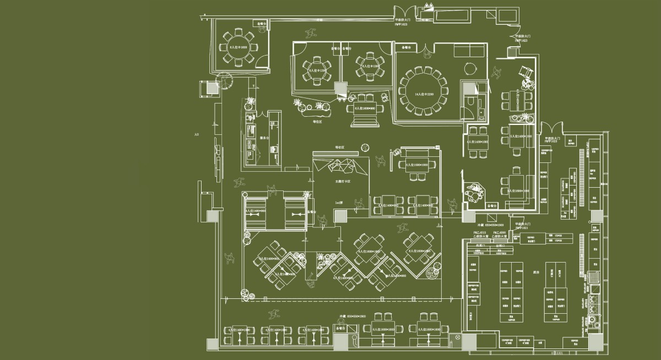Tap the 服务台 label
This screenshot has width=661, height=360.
pyautogui.click(x=264, y=138)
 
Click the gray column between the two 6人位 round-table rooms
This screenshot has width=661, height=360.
pyautogui.click(x=340, y=88)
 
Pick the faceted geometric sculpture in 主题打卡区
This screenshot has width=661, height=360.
pyautogui.click(x=342, y=165)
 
